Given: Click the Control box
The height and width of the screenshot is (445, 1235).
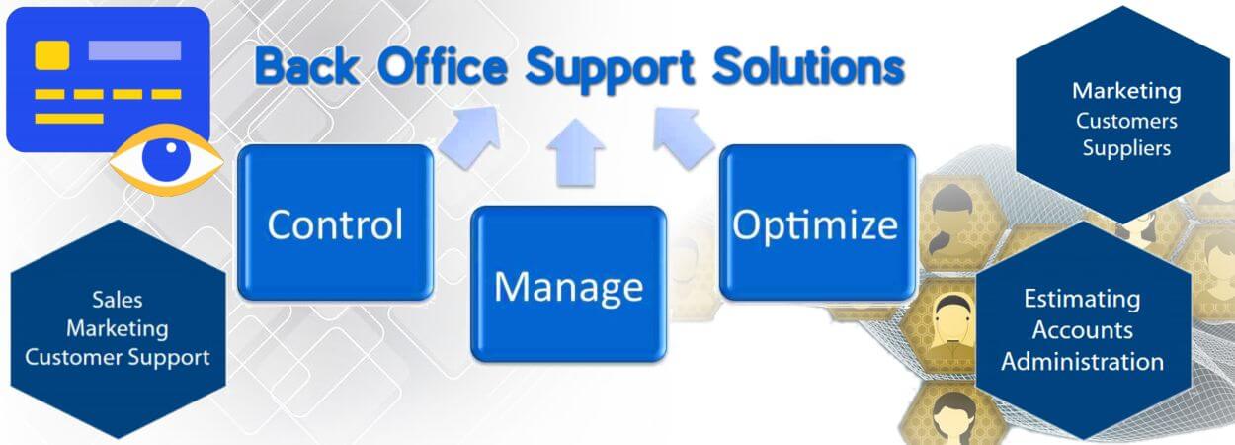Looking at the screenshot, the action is tap(335, 222).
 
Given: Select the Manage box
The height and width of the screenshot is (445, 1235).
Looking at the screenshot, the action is tap(568, 284).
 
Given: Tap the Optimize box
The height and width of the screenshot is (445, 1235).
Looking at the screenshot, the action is tap(817, 222).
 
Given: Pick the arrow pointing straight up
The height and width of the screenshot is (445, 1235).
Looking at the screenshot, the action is tap(576, 152).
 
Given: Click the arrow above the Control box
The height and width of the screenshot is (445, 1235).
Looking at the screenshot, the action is tap(471, 135).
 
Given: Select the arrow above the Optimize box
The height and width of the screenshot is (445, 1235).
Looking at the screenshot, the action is tap(684, 137).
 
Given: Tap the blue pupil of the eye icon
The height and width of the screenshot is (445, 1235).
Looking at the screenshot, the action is tap(166, 158).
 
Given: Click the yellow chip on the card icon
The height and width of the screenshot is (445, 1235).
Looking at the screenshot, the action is tap(52, 54).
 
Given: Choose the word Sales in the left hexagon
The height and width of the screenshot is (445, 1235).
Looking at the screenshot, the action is tap(117, 300).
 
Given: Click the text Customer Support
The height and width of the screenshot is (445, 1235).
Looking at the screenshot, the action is tap(117, 358).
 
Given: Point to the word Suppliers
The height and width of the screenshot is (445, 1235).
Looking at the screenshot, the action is tap(1126, 148).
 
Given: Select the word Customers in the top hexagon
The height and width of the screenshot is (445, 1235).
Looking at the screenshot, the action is tap(1126, 121).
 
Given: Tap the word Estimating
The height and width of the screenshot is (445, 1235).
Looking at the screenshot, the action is tap(1082, 300).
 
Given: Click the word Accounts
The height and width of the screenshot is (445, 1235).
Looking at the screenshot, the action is tap(1082, 330).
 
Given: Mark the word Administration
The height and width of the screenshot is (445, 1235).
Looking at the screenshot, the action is tap(1082, 362).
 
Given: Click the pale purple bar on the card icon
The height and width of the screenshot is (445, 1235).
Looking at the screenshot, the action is tap(134, 50).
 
